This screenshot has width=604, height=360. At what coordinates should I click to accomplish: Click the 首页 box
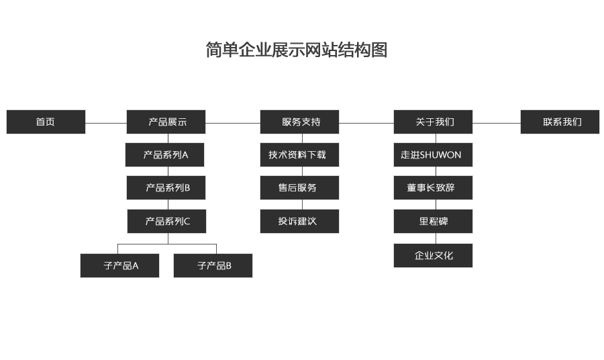(x=46, y=122)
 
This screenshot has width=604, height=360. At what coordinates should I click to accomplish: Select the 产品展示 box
(x=166, y=122)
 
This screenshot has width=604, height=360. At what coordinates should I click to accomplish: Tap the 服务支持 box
(x=299, y=122)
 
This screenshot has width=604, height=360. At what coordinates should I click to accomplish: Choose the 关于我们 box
(x=433, y=122)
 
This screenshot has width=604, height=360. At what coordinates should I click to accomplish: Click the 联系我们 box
(x=560, y=122)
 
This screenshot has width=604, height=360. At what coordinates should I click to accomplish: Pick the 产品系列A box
(x=164, y=154)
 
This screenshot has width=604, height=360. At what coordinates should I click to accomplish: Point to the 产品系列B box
(x=166, y=187)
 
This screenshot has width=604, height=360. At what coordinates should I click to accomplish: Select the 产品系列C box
(x=166, y=220)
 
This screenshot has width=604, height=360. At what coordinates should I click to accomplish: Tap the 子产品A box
(x=119, y=265)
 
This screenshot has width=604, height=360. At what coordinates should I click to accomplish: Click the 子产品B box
(x=213, y=265)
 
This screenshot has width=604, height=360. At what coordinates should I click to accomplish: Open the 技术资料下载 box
(x=299, y=154)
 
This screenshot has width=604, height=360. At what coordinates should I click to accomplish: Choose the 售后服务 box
(x=299, y=187)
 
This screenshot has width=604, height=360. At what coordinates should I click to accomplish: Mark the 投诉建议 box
(x=299, y=221)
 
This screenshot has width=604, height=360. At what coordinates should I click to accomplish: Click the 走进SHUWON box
(x=433, y=154)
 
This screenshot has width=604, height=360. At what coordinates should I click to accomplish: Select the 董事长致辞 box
(x=433, y=187)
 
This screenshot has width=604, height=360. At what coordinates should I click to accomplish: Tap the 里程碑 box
(x=433, y=221)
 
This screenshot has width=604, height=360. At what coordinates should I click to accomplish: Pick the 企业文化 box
(x=433, y=255)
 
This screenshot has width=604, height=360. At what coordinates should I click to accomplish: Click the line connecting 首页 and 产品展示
(x=106, y=123)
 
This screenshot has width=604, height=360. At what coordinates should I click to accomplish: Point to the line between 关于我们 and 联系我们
(x=497, y=123)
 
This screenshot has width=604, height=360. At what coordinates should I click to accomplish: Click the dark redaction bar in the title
(x=315, y=49)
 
